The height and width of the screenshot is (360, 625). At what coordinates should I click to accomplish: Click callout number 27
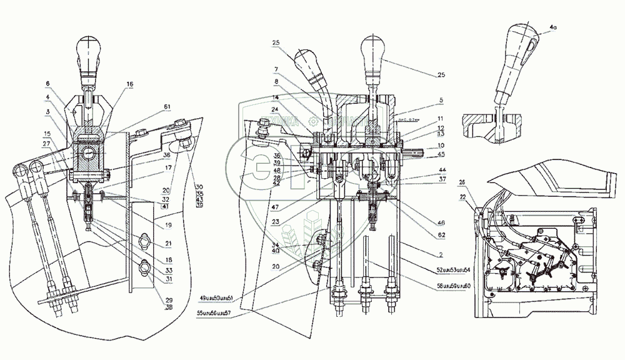pos(47,144)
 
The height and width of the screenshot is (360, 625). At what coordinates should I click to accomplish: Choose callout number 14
pos(276,98)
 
